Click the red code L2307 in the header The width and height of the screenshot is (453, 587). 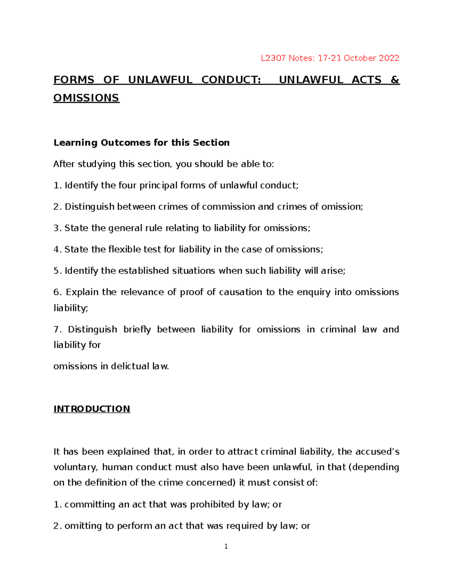point(273,58)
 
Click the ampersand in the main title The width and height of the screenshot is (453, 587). point(395,80)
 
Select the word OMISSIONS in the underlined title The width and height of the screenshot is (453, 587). point(86,98)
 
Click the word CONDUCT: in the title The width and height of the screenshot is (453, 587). point(231,80)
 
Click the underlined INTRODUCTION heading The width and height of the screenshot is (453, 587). point(92,409)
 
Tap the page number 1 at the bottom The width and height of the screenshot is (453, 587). point(226,546)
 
